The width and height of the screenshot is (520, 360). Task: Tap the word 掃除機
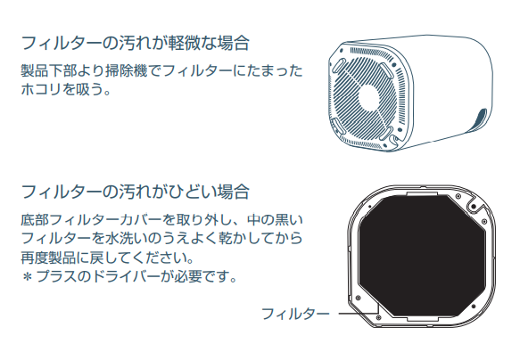coord(127,71)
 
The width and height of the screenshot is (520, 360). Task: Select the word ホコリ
coord(41,89)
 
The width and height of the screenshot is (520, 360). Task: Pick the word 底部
coord(35,219)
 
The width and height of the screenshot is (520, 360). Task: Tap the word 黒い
coord(289,219)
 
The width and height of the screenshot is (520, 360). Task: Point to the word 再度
coord(35,258)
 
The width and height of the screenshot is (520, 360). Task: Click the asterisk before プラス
coord(28,276)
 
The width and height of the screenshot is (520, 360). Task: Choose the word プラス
coord(56,276)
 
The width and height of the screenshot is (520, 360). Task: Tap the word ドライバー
coord(126,276)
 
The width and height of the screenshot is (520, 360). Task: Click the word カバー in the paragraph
coord(141,219)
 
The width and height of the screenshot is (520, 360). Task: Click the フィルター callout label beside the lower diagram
coord(295,314)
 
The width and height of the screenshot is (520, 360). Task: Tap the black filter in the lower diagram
coord(422,256)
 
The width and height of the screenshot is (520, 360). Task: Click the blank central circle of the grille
coord(373,97)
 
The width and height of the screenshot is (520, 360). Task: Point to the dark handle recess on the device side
coord(479,120)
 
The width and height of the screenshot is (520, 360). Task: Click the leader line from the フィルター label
coord(359,313)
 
